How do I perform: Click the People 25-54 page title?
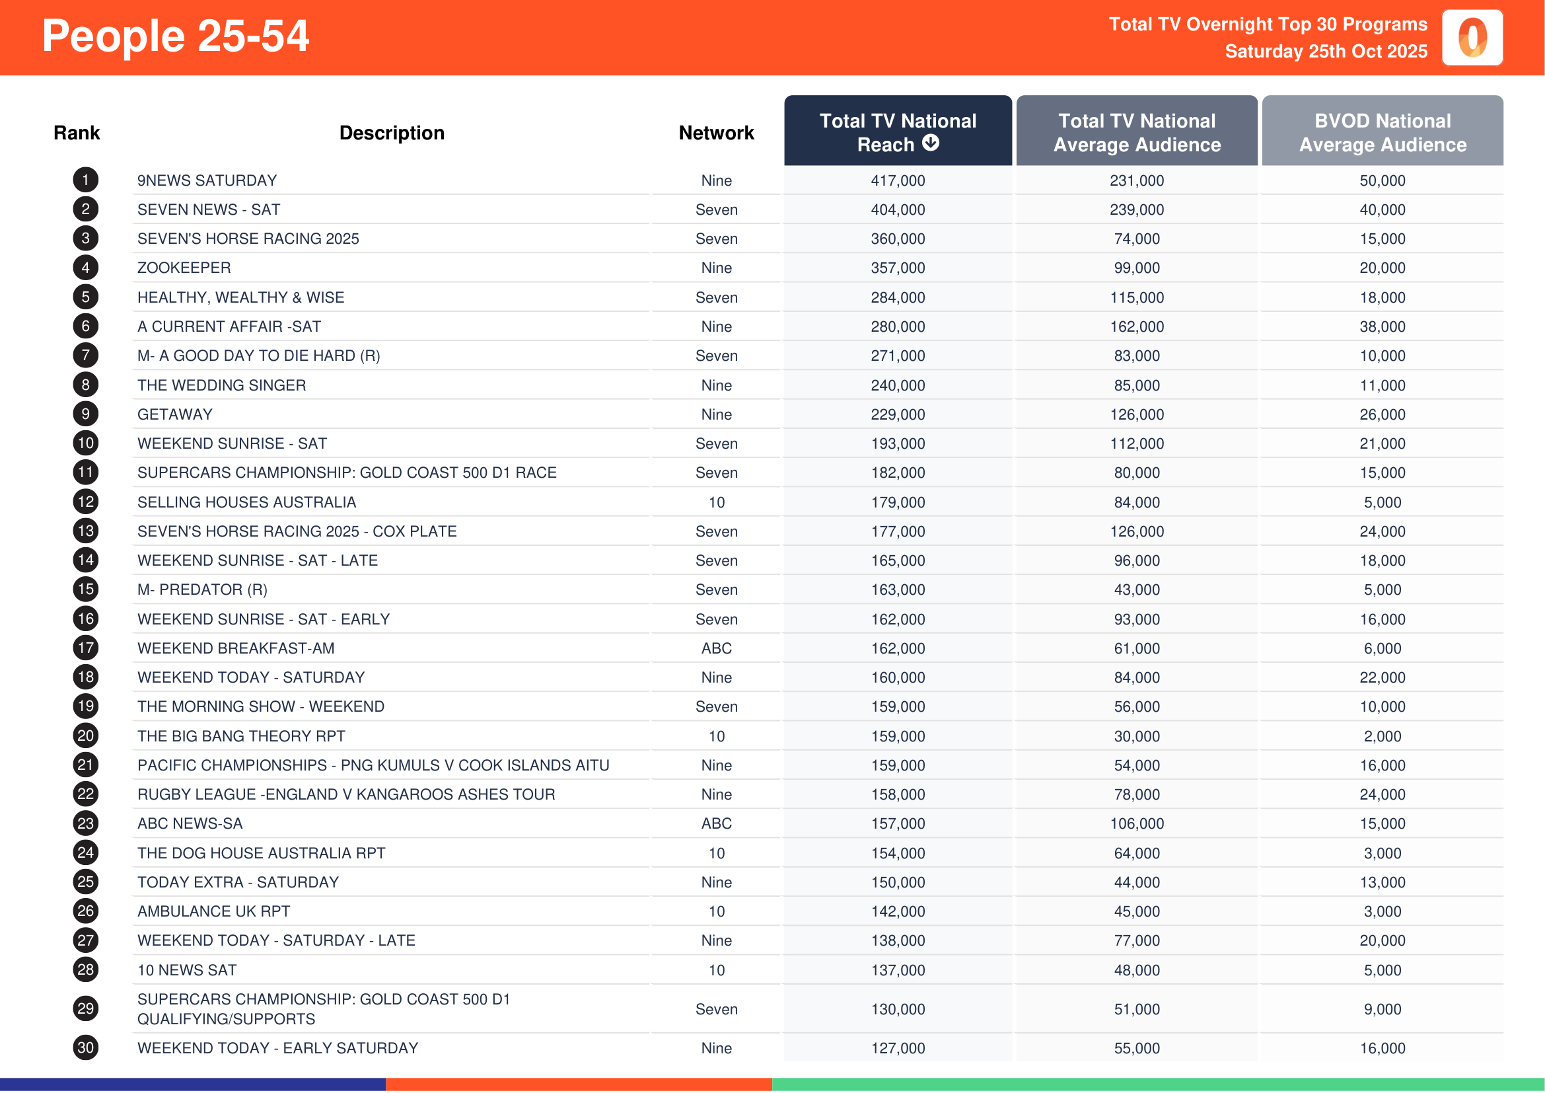click(x=175, y=36)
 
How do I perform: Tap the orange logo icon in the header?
click(x=1472, y=38)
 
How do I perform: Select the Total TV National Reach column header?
click(x=897, y=132)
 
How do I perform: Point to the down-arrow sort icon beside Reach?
click(x=930, y=143)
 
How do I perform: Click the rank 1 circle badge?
click(x=85, y=180)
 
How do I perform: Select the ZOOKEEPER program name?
click(x=184, y=268)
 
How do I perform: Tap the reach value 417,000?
click(x=897, y=180)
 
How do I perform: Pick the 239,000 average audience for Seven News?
click(x=1136, y=209)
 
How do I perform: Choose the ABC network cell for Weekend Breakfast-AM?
click(x=716, y=648)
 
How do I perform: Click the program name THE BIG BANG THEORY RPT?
click(x=241, y=736)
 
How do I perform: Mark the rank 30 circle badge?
click(x=85, y=1047)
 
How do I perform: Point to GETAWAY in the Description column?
click(x=174, y=414)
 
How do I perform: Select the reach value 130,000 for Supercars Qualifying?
click(x=897, y=1009)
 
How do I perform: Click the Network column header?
click(x=716, y=133)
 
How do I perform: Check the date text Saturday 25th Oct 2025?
click(x=1325, y=51)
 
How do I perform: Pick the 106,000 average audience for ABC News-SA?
click(x=1136, y=823)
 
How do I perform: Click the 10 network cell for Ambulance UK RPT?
click(x=716, y=911)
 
